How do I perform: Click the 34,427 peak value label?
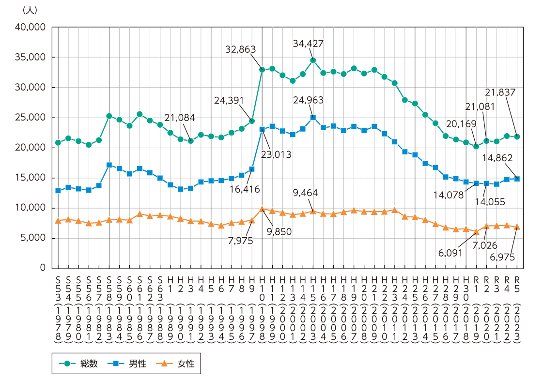308,43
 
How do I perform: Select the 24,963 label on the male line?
308,100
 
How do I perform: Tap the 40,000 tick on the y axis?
31,27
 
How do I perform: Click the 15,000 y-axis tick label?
31,178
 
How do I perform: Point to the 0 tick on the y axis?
42,268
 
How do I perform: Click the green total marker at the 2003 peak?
313,61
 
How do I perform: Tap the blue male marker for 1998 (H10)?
262,129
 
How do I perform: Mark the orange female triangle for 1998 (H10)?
262,209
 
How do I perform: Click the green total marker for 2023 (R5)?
517,137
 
